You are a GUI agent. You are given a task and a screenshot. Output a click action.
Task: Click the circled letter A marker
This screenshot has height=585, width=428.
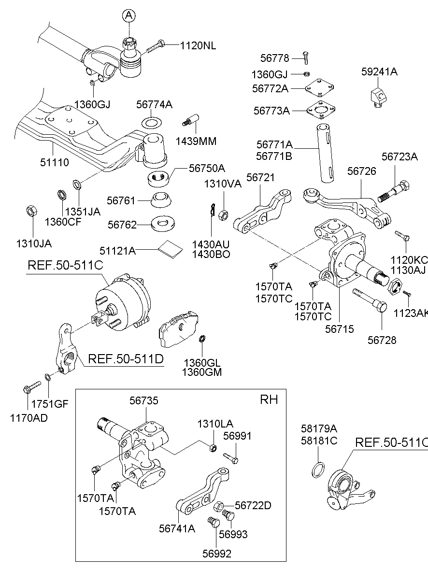(x=129, y=16)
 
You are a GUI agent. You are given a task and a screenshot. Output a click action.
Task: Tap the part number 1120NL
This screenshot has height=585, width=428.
(x=198, y=46)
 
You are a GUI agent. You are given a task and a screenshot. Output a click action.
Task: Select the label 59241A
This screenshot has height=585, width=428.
(x=379, y=72)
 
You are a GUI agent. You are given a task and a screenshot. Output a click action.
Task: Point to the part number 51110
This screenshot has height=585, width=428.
(x=54, y=162)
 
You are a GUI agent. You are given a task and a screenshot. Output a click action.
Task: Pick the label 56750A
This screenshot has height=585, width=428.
(x=207, y=168)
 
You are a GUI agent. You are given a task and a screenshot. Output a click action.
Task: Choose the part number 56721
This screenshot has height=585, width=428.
(x=260, y=178)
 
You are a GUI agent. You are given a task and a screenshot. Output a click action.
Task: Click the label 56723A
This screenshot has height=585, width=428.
(x=399, y=157)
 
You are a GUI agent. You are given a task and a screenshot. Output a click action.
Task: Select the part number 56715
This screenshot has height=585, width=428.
(x=339, y=329)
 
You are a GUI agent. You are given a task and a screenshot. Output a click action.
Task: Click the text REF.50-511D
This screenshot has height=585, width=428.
(x=126, y=359)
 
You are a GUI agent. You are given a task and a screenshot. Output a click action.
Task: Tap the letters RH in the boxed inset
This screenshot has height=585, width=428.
(x=269, y=399)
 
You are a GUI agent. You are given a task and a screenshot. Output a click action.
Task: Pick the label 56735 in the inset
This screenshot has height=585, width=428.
(x=143, y=400)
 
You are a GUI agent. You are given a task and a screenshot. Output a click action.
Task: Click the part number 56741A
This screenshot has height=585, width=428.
(x=177, y=528)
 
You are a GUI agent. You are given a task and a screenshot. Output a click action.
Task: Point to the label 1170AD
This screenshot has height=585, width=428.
(x=29, y=418)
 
